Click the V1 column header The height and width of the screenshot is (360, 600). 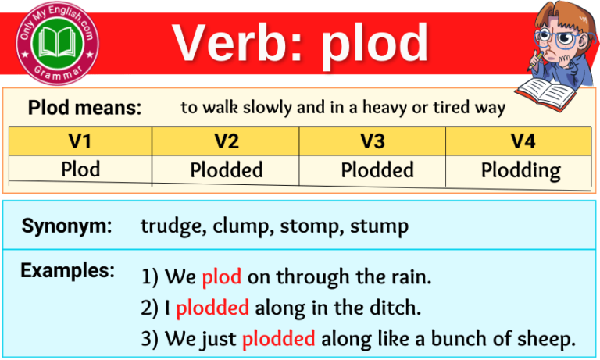[80, 141]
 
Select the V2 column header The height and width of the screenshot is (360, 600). [227, 141]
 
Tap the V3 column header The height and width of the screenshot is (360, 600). [373, 141]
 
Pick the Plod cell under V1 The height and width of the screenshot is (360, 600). [80, 169]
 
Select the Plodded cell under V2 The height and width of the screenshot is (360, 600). [227, 169]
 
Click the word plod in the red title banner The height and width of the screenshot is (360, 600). [375, 44]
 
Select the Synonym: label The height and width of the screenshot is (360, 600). [66, 226]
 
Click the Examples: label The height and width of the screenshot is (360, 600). [67, 271]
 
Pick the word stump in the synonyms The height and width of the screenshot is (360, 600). [379, 227]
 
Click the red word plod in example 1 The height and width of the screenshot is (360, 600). [221, 277]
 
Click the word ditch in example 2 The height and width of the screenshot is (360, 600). [398, 308]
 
